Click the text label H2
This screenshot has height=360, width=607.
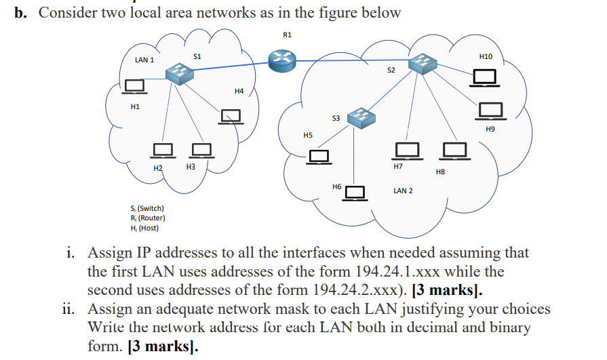(158, 167)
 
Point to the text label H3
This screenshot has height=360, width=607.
(191, 166)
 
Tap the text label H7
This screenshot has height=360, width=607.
(398, 166)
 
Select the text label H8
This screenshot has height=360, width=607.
(439, 173)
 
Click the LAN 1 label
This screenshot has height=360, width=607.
(144, 60)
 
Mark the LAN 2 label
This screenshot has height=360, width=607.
(403, 191)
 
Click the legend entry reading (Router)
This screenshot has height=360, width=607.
(148, 218)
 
